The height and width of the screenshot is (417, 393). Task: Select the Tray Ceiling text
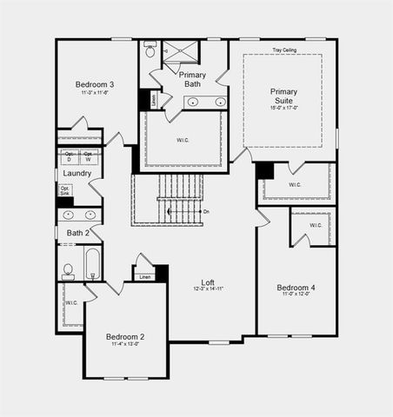click(x=286, y=50)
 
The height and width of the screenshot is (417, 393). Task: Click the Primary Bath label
click(x=192, y=80)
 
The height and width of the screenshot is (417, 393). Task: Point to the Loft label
click(x=208, y=281)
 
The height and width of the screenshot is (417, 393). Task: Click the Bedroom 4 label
click(x=296, y=288)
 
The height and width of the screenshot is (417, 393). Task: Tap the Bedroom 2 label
click(x=124, y=336)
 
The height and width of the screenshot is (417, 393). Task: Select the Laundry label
click(x=77, y=174)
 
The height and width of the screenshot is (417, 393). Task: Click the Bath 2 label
click(x=78, y=233)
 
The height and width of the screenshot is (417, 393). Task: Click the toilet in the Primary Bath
click(x=150, y=51)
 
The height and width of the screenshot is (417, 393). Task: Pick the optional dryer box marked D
click(x=70, y=157)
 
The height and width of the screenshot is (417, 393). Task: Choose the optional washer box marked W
click(x=89, y=157)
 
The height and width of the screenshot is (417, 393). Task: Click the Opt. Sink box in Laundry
click(x=66, y=191)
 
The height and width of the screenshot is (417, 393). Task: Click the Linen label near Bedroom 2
click(x=144, y=277)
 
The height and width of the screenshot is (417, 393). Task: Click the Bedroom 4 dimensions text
click(x=296, y=295)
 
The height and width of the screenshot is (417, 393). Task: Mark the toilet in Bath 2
click(x=68, y=271)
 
